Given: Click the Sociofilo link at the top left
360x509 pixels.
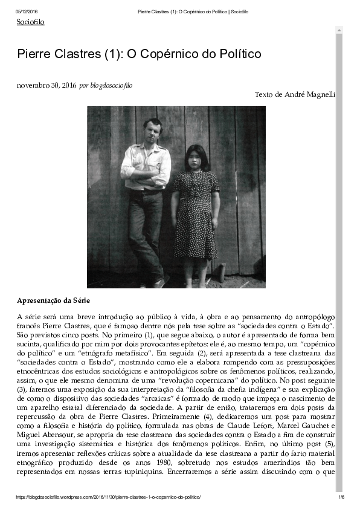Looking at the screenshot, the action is [30, 22].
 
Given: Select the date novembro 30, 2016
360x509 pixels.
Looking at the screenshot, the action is [47, 85].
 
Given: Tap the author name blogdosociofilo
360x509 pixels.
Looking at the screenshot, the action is [111, 85].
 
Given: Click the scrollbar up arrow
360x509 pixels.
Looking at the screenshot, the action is [339, 30].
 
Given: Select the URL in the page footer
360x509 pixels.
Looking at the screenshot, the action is [108, 497].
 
